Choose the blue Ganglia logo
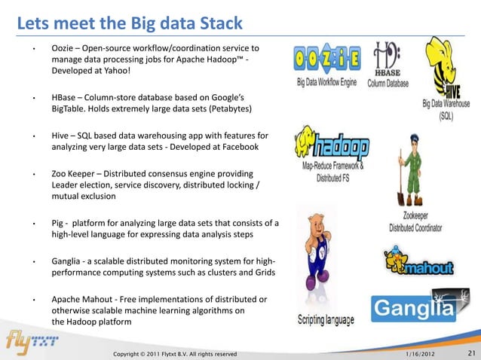point(413,307)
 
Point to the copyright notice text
point(175,353)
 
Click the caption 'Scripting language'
point(325,320)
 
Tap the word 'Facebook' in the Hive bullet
point(237,148)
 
